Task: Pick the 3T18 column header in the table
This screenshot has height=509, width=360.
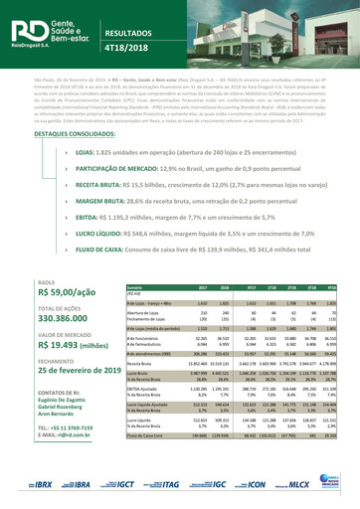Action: (292, 286)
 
